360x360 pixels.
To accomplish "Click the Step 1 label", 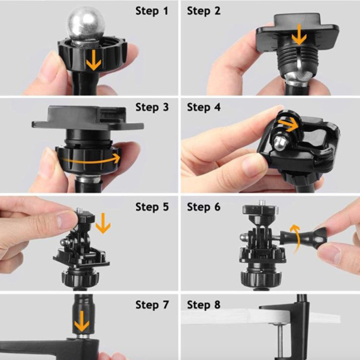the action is tap(152, 11).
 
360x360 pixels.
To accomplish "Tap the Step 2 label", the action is tap(204, 11).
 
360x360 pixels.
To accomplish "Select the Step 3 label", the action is tap(152, 107).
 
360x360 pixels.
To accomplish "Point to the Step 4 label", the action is tap(204, 107).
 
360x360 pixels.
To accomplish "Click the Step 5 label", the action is tap(152, 207).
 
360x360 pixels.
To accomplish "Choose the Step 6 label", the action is tap(204, 207).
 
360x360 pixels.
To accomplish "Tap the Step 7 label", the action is tap(152, 305).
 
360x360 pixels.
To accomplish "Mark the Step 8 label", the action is tap(204, 305).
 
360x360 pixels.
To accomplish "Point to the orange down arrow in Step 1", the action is tap(94, 60).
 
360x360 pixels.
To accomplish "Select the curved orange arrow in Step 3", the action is tap(92, 160).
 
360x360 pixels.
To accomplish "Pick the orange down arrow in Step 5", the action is tap(103, 223).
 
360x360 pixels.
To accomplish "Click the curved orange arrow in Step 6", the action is tap(296, 239).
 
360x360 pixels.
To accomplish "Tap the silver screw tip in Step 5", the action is tap(80, 210).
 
